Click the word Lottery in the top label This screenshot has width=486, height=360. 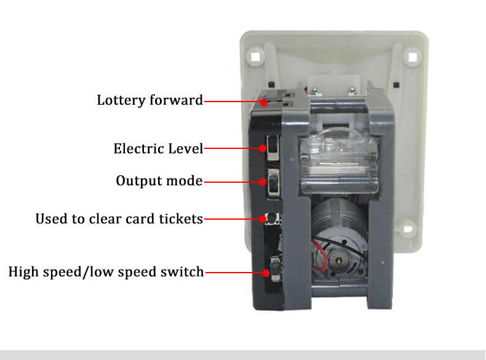click(121, 100)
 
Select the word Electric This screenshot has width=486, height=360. click(138, 148)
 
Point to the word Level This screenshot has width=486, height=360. click(184, 148)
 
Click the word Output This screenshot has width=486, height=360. click(136, 182)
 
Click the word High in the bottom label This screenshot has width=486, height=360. click(23, 271)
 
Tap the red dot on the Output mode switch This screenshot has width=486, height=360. click(264, 182)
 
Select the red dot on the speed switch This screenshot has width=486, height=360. click(265, 271)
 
